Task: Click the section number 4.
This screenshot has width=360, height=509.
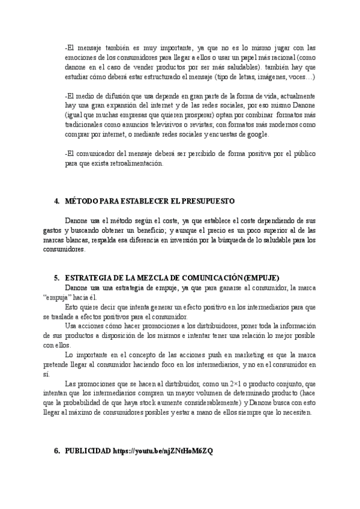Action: [56, 200]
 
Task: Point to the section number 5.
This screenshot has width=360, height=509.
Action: [56, 278]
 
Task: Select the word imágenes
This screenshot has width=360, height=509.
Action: [256, 77]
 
